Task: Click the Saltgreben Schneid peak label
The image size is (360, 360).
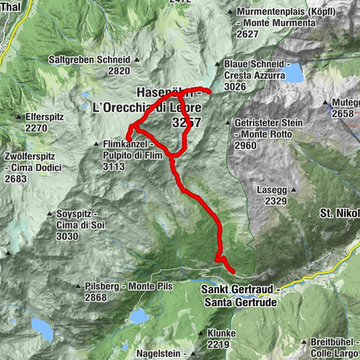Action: [88, 59]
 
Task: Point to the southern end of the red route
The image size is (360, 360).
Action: [233, 271]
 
